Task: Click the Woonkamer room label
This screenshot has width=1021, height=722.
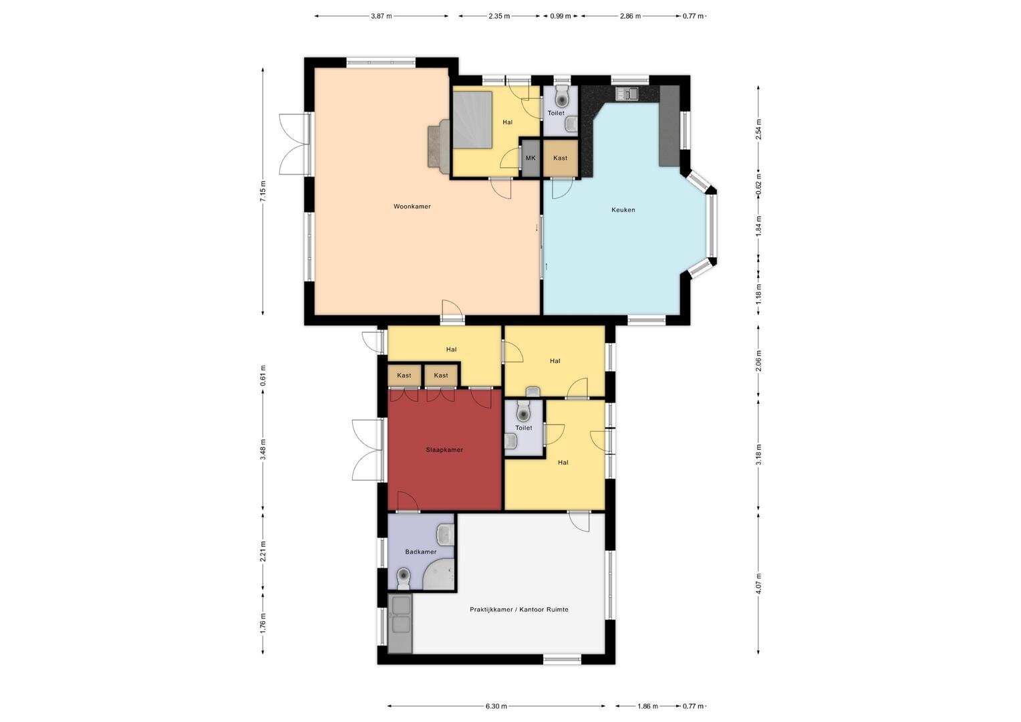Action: (x=412, y=206)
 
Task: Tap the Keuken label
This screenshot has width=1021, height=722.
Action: (x=623, y=210)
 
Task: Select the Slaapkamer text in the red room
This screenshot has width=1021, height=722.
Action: (x=444, y=450)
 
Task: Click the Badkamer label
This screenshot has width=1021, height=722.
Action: (x=421, y=552)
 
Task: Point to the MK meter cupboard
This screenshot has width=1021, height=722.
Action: (x=531, y=158)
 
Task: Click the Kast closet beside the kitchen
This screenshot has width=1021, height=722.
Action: (x=560, y=158)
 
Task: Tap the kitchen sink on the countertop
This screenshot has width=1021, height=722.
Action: (x=627, y=94)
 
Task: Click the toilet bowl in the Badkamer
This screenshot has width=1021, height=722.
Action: (x=404, y=579)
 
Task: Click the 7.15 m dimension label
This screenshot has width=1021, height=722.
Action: (x=263, y=192)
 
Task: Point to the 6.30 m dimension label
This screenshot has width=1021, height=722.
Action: (x=496, y=707)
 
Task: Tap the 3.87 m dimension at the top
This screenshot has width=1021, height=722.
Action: (x=381, y=16)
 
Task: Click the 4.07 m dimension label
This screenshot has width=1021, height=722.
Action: (x=758, y=584)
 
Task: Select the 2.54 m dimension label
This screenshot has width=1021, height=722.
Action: (x=758, y=130)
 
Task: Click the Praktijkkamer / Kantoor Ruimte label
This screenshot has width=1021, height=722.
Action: (x=519, y=609)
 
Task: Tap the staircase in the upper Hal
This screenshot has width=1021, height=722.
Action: (x=472, y=120)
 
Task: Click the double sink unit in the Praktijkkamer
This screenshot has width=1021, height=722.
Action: (x=400, y=623)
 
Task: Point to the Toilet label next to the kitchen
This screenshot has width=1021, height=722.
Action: (x=556, y=113)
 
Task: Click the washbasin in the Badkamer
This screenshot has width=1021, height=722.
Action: (x=445, y=534)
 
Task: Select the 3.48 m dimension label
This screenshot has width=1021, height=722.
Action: (x=263, y=450)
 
